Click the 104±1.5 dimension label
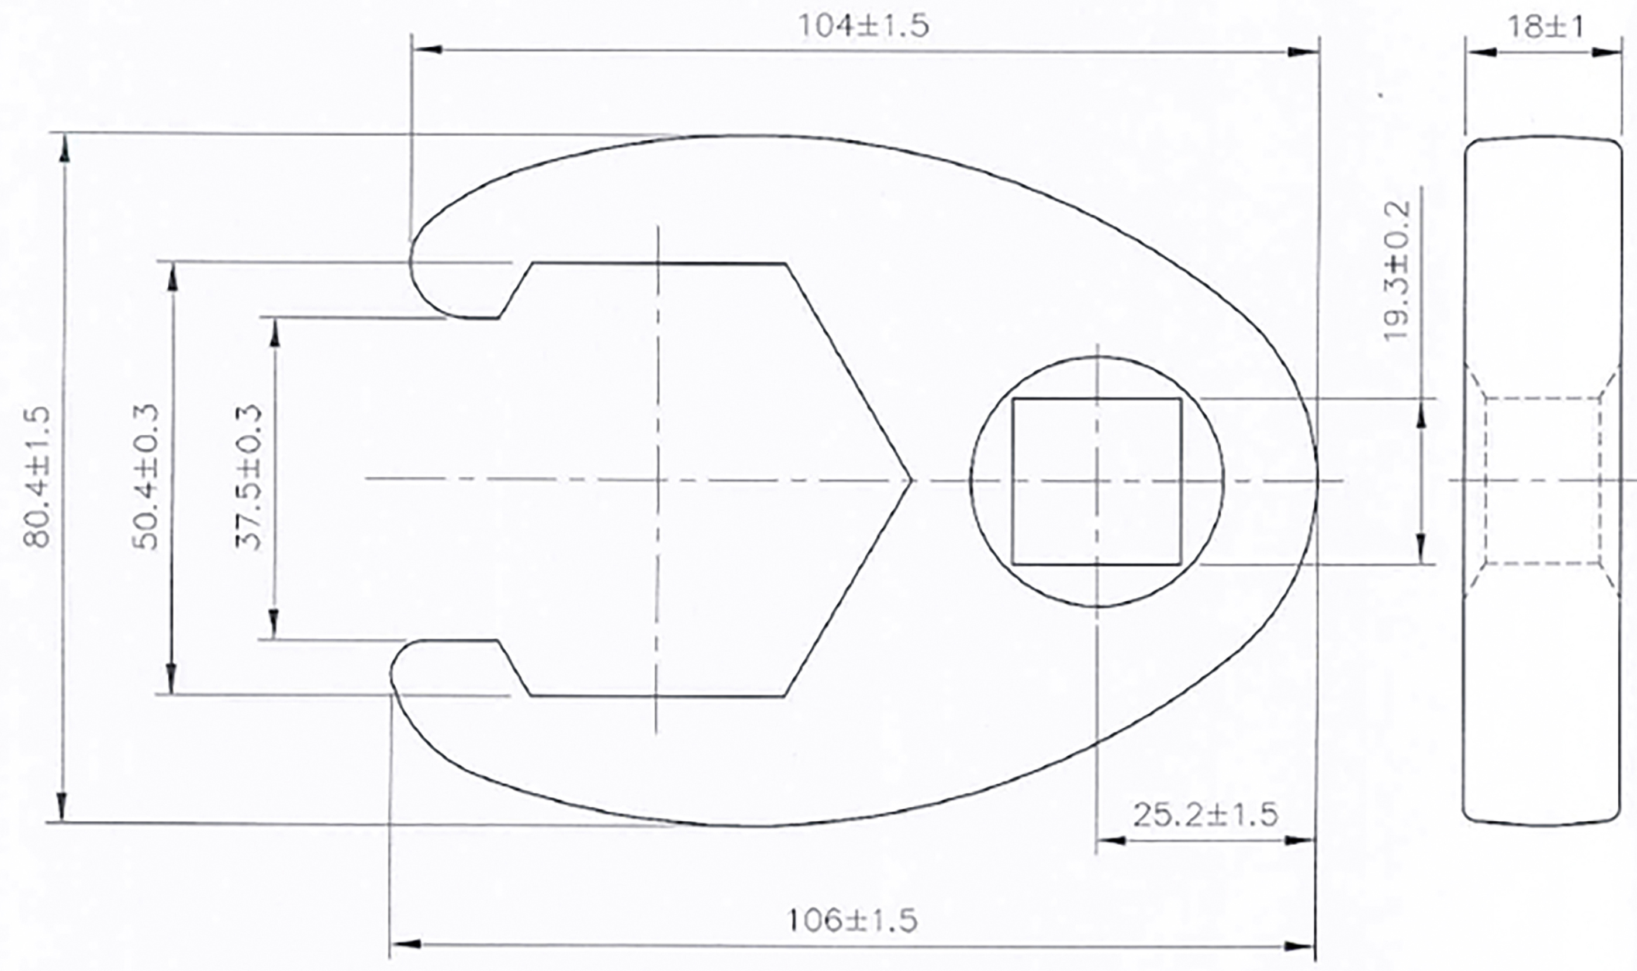(x=863, y=26)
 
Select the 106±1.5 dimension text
(x=851, y=921)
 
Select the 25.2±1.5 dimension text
(x=1205, y=815)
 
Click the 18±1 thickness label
(x=1545, y=27)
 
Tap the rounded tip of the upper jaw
(x=419, y=261)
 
